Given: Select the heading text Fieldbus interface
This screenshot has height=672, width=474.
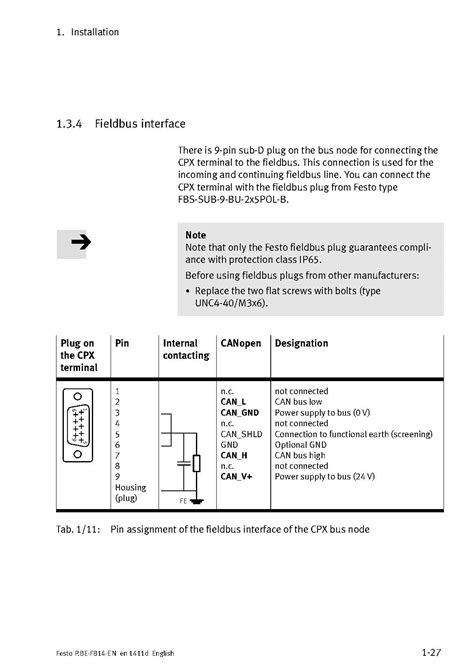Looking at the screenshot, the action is point(140,124).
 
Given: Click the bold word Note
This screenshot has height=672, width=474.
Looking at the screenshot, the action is point(196,235).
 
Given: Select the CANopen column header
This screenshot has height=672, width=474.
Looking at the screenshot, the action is point(240,343).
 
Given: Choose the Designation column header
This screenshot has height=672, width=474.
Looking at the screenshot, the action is point(301,343).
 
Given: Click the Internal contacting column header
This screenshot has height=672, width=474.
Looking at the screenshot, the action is point(186,349).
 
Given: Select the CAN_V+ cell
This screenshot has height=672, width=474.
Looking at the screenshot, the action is point(236,476).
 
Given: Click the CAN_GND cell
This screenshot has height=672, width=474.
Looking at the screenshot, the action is point(239,411).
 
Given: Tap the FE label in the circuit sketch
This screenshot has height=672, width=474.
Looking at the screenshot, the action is point(183,499).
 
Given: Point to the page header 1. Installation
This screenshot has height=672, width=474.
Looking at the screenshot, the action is point(88,32).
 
